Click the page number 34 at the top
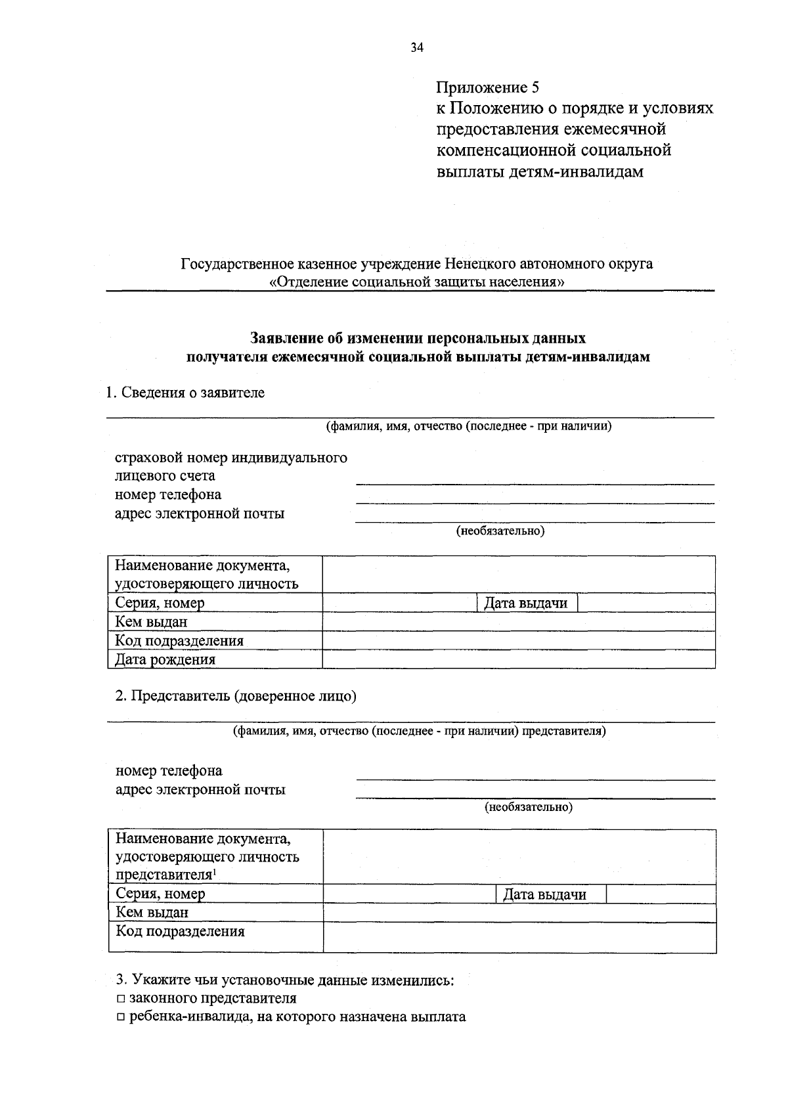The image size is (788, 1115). click(416, 47)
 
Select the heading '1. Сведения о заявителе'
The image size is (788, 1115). click(185, 393)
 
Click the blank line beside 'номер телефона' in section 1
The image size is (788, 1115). click(535, 496)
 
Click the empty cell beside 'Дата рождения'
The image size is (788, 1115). click(519, 659)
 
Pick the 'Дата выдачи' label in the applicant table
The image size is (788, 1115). click(525, 603)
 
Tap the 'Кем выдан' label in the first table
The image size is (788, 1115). click(151, 622)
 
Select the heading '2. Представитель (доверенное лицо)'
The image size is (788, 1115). click(236, 696)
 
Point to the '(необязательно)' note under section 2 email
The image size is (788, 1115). click(529, 807)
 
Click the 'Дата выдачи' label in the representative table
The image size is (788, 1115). click(544, 894)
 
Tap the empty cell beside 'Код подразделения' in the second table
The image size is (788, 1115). click(519, 937)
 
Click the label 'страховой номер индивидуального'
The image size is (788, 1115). click(231, 457)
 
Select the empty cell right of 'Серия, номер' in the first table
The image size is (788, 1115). click(399, 603)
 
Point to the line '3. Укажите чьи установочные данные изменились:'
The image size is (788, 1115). click(285, 980)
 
